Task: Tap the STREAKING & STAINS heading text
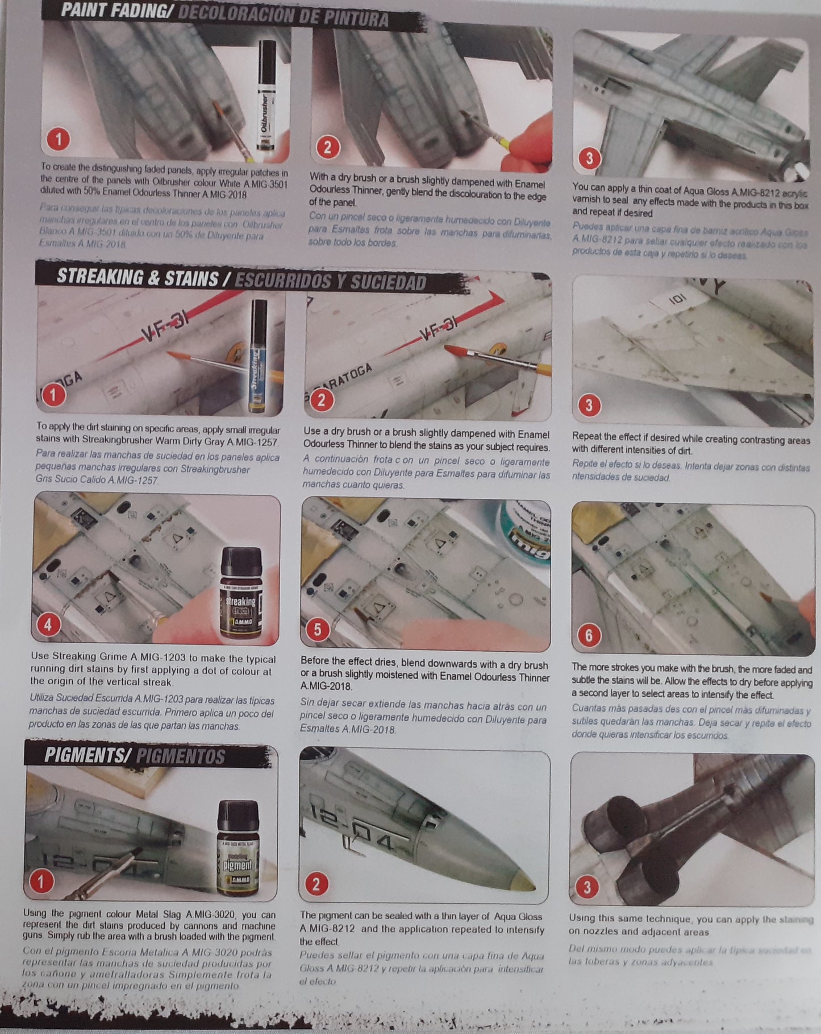[x=137, y=278]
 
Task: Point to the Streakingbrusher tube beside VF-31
[x=259, y=355]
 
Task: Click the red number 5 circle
[x=318, y=629]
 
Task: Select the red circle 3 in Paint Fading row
[x=589, y=158]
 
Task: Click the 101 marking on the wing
[x=678, y=297]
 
